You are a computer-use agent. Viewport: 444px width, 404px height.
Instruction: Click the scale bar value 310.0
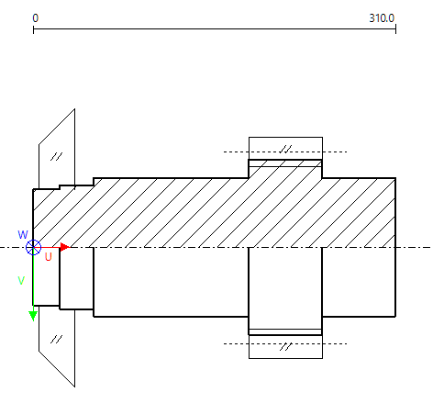[381, 17]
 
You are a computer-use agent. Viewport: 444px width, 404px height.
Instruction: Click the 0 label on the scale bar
[35, 17]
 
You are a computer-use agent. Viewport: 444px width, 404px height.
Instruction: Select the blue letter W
[23, 235]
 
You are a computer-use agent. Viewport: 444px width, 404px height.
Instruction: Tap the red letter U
[49, 258]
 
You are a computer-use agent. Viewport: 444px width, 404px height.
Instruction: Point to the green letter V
[21, 281]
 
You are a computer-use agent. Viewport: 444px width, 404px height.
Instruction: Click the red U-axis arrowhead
[64, 247]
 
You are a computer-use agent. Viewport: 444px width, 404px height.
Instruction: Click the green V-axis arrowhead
[33, 315]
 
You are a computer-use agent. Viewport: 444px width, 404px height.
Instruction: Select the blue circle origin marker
[34, 247]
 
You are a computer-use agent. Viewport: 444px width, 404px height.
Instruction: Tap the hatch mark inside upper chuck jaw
[56, 156]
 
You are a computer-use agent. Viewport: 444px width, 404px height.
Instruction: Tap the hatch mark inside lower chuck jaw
[56, 339]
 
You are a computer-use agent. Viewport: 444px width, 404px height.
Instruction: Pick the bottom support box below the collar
[285, 346]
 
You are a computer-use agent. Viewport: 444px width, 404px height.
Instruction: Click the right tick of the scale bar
[395, 30]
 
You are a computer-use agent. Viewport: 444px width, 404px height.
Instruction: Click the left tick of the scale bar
[34, 30]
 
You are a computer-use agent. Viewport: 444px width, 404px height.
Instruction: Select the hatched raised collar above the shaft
[285, 168]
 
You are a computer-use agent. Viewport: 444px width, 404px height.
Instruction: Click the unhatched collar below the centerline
[285, 285]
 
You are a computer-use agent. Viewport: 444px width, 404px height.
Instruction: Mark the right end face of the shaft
[395, 247]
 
